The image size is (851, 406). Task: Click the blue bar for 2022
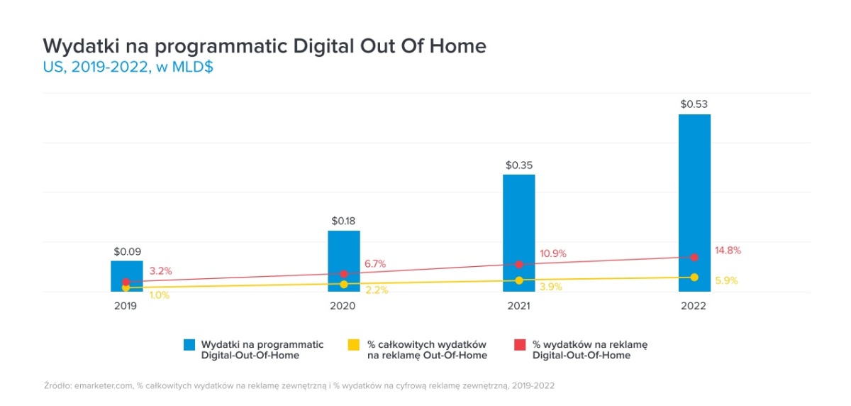click(694, 185)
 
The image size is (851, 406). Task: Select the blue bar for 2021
click(519, 220)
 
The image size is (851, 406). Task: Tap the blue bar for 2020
click(344, 248)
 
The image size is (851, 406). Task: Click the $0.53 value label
click(694, 104)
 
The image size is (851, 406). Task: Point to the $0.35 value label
click(519, 165)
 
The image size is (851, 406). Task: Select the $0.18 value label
click(344, 221)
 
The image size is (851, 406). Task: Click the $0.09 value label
click(126, 251)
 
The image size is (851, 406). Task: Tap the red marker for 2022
click(694, 257)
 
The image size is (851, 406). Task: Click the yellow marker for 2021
click(519, 280)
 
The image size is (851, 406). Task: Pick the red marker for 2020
click(344, 274)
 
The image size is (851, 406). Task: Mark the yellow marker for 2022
click(694, 277)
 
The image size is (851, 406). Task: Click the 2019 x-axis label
click(126, 307)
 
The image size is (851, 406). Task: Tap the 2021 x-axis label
click(519, 307)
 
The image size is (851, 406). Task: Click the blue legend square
click(189, 345)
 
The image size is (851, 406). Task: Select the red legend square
click(518, 345)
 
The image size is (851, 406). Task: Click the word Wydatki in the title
click(74, 47)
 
